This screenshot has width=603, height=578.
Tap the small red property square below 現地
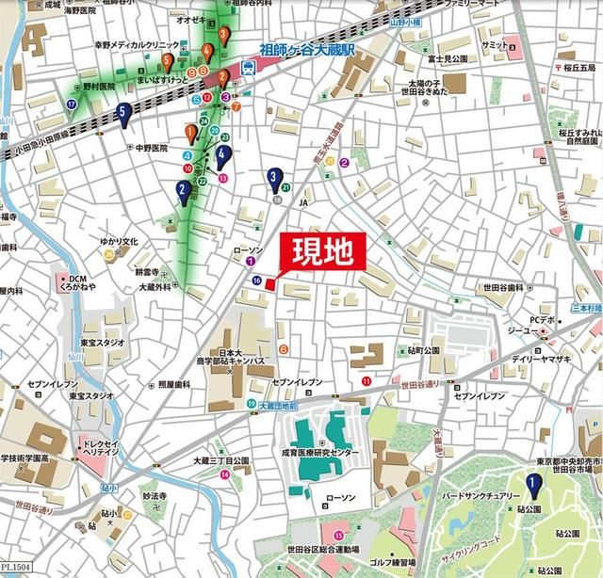pos(269,283)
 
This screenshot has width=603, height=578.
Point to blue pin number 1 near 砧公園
pos(532,486)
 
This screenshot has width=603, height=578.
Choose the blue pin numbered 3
pos(273,176)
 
